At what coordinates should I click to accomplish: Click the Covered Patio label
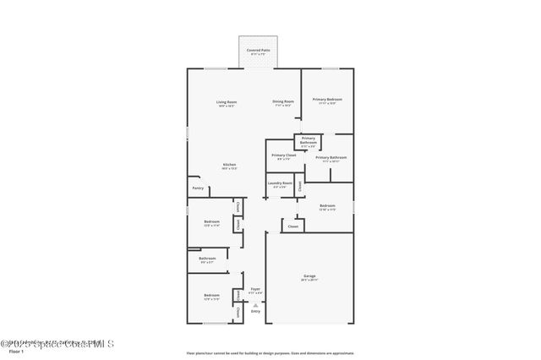pos(259,52)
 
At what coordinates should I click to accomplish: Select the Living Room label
pos(227,103)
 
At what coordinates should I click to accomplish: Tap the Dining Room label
pos(282,103)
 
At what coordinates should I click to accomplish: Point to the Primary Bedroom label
pos(327,101)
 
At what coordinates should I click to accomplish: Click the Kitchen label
pos(229,166)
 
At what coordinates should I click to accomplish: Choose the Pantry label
pos(198,188)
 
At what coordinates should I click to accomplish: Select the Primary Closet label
pos(284,156)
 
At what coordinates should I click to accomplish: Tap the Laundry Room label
pos(280,184)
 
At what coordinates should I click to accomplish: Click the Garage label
pos(309,277)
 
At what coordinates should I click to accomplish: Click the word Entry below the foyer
pos(255,311)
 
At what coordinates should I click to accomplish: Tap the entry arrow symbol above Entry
pos(255,304)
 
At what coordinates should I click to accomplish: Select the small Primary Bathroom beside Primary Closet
pos(308,140)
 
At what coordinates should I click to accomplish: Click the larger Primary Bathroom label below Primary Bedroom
pos(332,158)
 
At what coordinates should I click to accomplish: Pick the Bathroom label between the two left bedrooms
pos(207,259)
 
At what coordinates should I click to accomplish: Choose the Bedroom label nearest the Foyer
pos(210,297)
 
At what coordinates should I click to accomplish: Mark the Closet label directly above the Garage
pos(293,226)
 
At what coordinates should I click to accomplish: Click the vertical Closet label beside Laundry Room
pos(299,186)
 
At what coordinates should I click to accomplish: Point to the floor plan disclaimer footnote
pos(270,353)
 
